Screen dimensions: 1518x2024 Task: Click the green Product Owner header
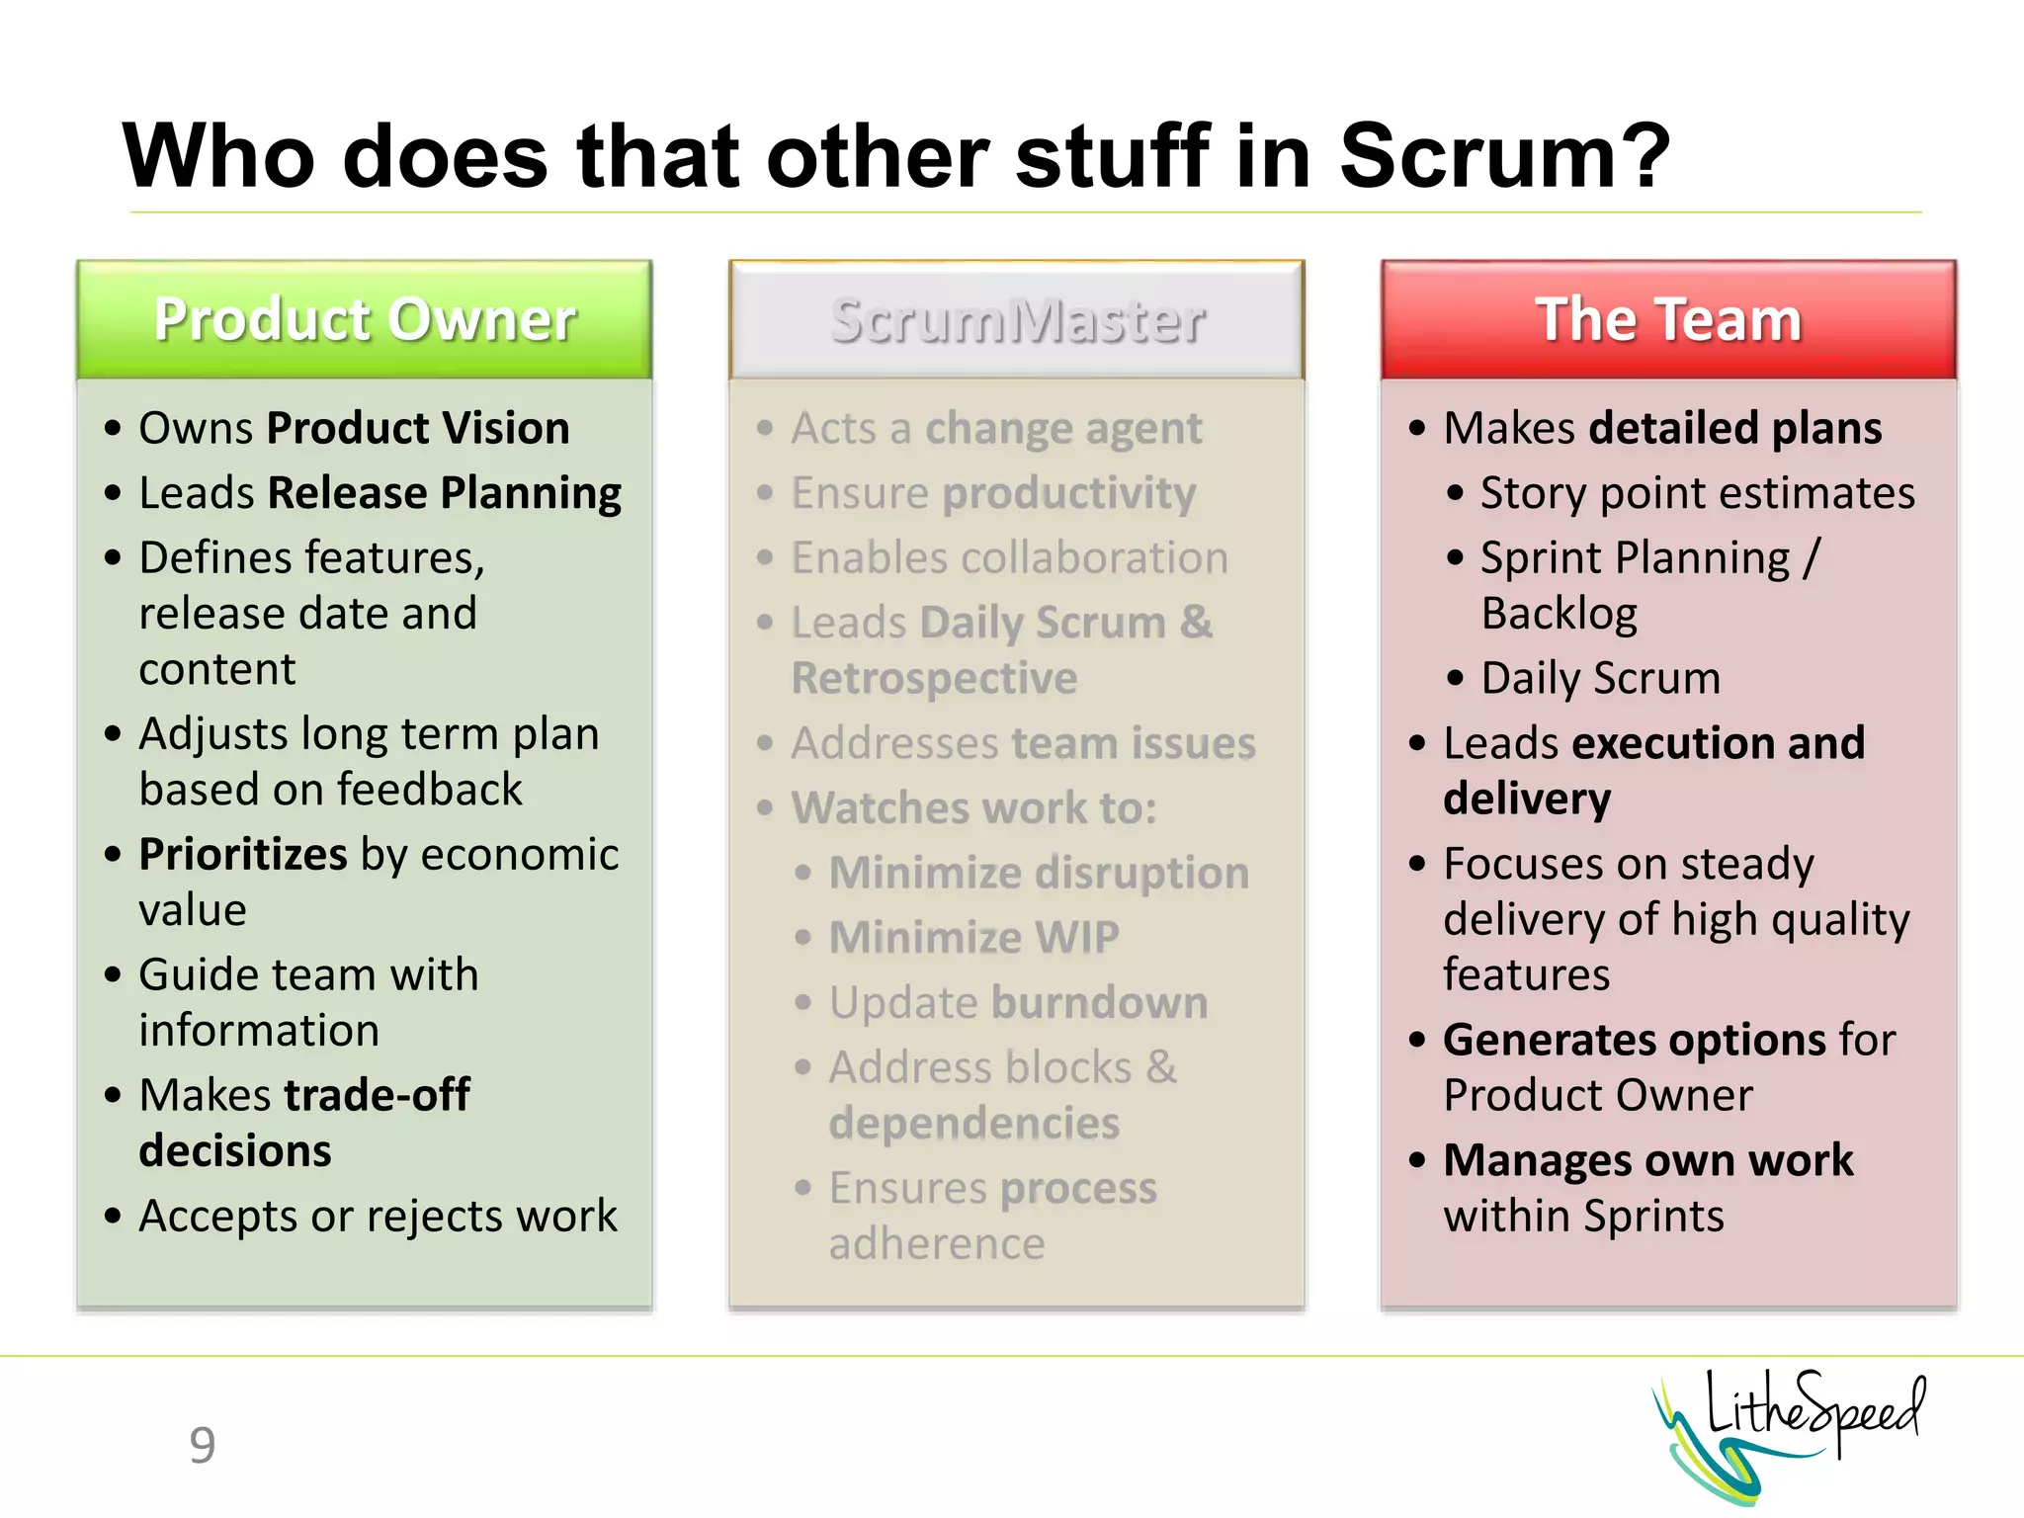[x=364, y=319]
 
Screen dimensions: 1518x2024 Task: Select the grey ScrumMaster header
[x=1016, y=319]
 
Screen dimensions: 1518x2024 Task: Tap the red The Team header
[x=1668, y=319]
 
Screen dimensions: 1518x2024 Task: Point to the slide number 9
[x=202, y=1445]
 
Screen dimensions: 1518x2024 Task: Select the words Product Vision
[x=418, y=428]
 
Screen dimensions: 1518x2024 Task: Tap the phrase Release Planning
[x=444, y=493]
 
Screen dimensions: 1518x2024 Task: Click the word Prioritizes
[x=243, y=854]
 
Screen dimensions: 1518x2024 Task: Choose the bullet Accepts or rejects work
[x=378, y=1216]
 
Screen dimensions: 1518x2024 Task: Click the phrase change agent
[x=1063, y=429]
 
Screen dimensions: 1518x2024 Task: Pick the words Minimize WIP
[x=973, y=937]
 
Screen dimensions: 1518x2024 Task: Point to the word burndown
[x=1100, y=1002]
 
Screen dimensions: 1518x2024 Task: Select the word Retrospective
[x=934, y=678]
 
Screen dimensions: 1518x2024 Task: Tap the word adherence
[x=936, y=1243]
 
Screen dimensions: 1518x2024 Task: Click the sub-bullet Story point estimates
[x=1697, y=493]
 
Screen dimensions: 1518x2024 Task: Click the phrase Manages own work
[x=1647, y=1160]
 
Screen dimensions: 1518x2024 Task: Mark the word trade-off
[x=377, y=1095]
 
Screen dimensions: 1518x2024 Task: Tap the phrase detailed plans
[x=1734, y=428]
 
